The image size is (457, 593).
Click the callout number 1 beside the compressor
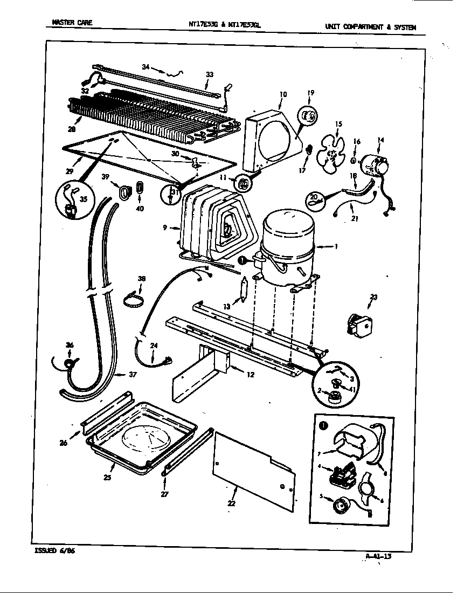click(x=336, y=247)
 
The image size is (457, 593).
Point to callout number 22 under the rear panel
click(x=232, y=503)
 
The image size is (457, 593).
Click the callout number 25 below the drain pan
click(x=107, y=477)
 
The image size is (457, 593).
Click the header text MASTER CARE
click(x=72, y=22)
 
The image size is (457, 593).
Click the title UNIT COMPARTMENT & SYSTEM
click(x=370, y=27)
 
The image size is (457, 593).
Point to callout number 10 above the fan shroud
click(x=283, y=94)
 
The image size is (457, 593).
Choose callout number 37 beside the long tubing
click(x=133, y=375)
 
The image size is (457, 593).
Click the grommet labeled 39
click(x=124, y=191)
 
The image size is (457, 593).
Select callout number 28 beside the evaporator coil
click(x=71, y=129)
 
